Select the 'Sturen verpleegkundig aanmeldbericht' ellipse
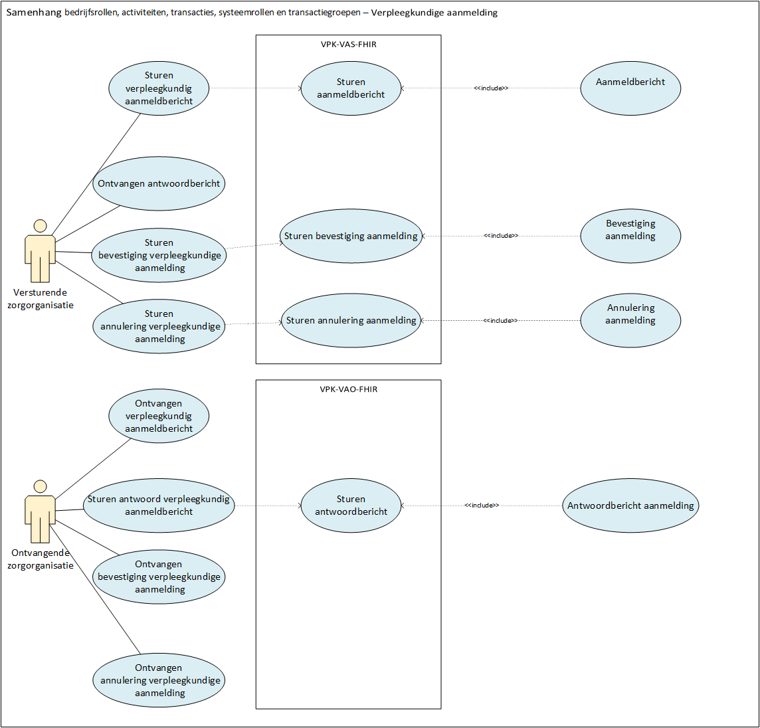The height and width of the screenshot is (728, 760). (x=159, y=88)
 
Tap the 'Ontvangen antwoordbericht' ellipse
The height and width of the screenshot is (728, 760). (x=159, y=184)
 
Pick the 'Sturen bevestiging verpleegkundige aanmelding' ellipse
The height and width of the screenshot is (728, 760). (x=159, y=256)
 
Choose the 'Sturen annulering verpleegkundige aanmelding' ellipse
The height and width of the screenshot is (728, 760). (x=159, y=327)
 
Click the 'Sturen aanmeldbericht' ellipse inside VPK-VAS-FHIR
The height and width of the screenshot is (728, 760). (x=351, y=88)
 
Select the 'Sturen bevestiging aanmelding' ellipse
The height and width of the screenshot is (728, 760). (x=351, y=236)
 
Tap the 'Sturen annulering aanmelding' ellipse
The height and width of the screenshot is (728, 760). (x=351, y=321)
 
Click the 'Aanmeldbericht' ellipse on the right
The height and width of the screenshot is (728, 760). (x=630, y=88)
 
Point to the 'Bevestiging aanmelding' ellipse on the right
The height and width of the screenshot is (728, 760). (x=630, y=236)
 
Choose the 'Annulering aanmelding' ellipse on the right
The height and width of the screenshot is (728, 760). (x=630, y=321)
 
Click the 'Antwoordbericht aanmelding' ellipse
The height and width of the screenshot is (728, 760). (x=630, y=506)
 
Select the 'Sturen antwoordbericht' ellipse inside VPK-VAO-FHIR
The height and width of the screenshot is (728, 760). (x=351, y=506)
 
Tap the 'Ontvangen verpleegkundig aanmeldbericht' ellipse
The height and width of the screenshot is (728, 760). (x=159, y=416)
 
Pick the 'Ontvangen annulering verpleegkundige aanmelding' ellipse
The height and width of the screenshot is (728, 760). (x=159, y=681)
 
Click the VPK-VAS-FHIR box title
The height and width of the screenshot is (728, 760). (x=349, y=45)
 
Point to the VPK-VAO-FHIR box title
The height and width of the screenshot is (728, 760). (x=349, y=389)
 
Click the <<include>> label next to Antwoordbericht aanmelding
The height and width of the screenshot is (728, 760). (x=482, y=505)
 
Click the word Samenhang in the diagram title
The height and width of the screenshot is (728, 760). (x=34, y=13)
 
